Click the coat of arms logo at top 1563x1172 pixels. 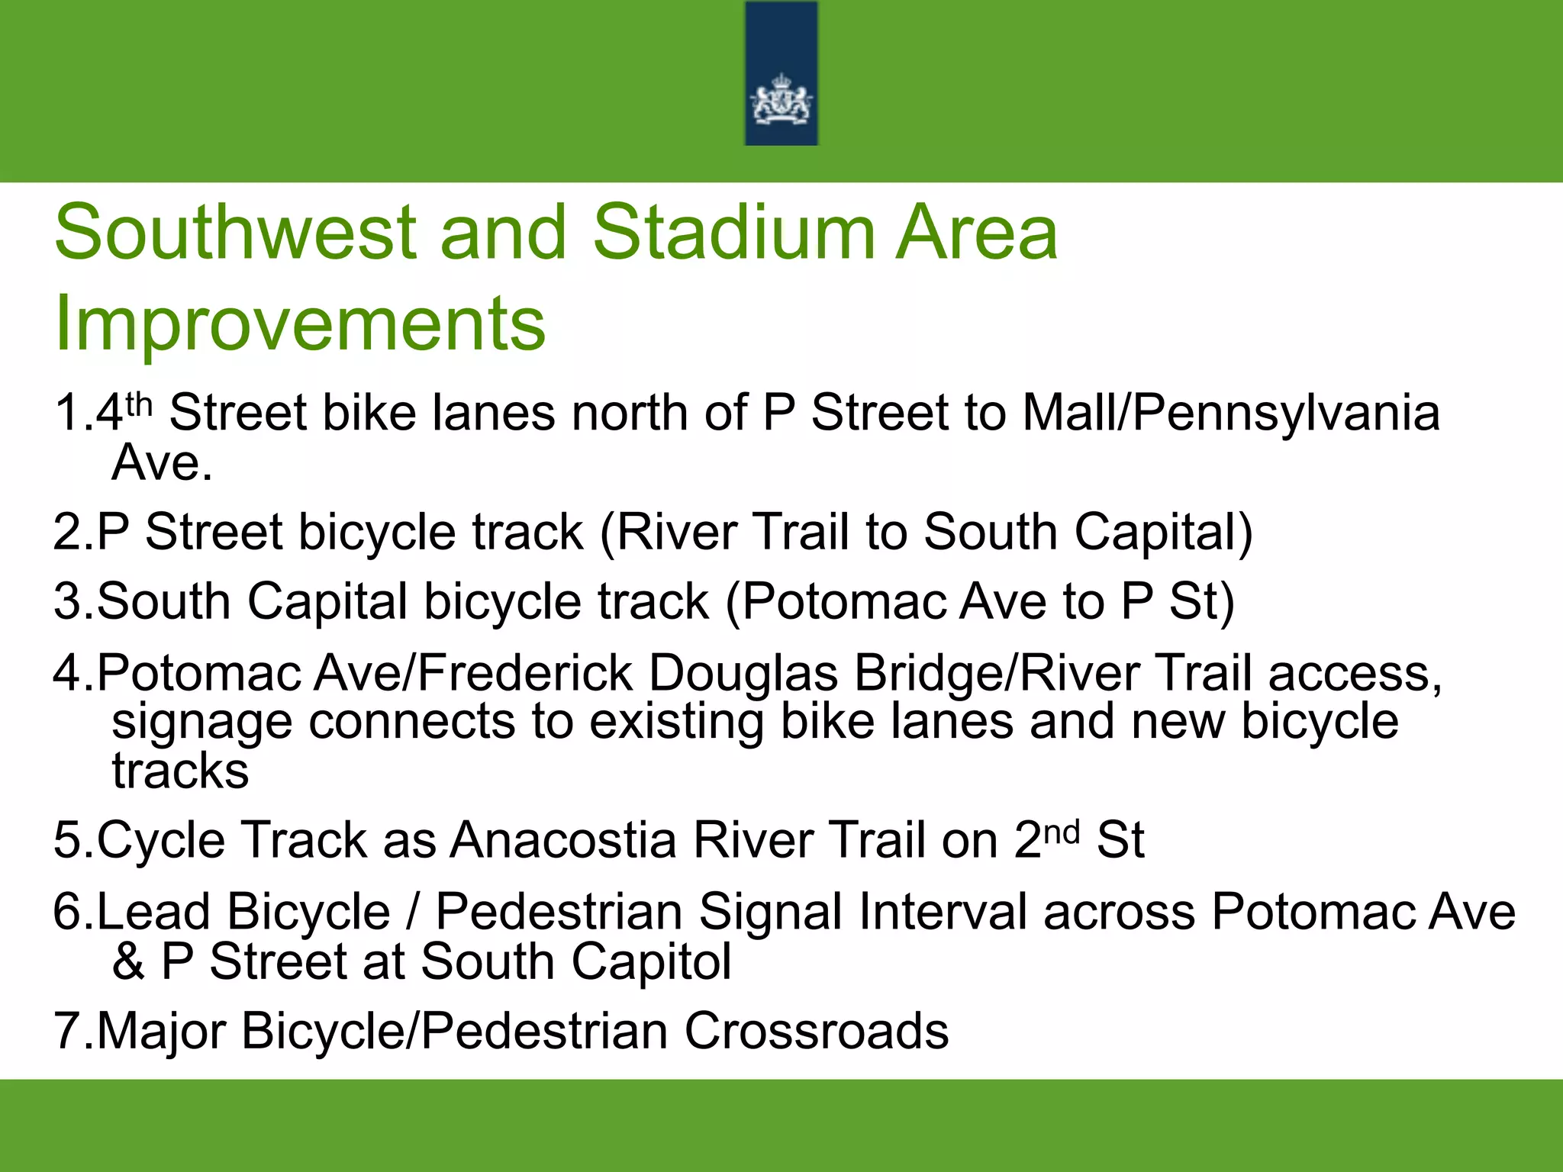click(781, 99)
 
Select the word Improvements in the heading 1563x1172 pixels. click(300, 324)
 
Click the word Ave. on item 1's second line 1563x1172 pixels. click(162, 463)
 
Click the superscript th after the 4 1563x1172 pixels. click(140, 402)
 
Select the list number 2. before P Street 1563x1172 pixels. click(73, 532)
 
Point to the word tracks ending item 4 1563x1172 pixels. click(180, 771)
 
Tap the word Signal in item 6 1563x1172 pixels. click(770, 913)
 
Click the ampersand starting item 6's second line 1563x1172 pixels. click(128, 961)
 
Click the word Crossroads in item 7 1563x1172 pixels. click(816, 1032)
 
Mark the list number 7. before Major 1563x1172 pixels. click(73, 1032)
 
